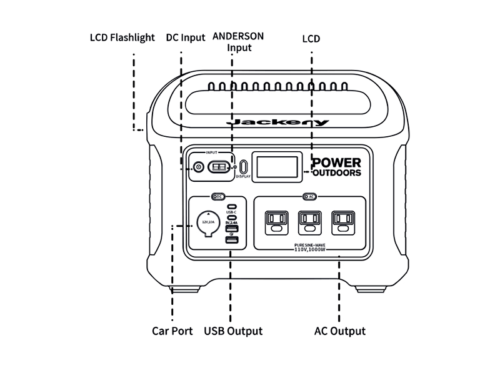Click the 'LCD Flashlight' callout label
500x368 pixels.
pos(122,37)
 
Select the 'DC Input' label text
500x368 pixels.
pos(186,37)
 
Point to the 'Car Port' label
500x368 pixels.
pos(172,331)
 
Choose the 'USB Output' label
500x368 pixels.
pos(233,331)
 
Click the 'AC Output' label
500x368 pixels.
pos(339,331)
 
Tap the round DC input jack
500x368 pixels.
pos(199,167)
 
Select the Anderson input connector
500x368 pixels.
pos(219,167)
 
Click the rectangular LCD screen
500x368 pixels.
pos(275,167)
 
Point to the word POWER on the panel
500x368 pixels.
pos(337,162)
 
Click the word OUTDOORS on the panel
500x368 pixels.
pos(337,173)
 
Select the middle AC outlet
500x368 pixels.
pos(308,220)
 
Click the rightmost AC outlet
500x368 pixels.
pos(342,220)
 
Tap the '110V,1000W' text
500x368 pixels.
pos(311,249)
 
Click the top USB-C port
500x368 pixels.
pos(231,206)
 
